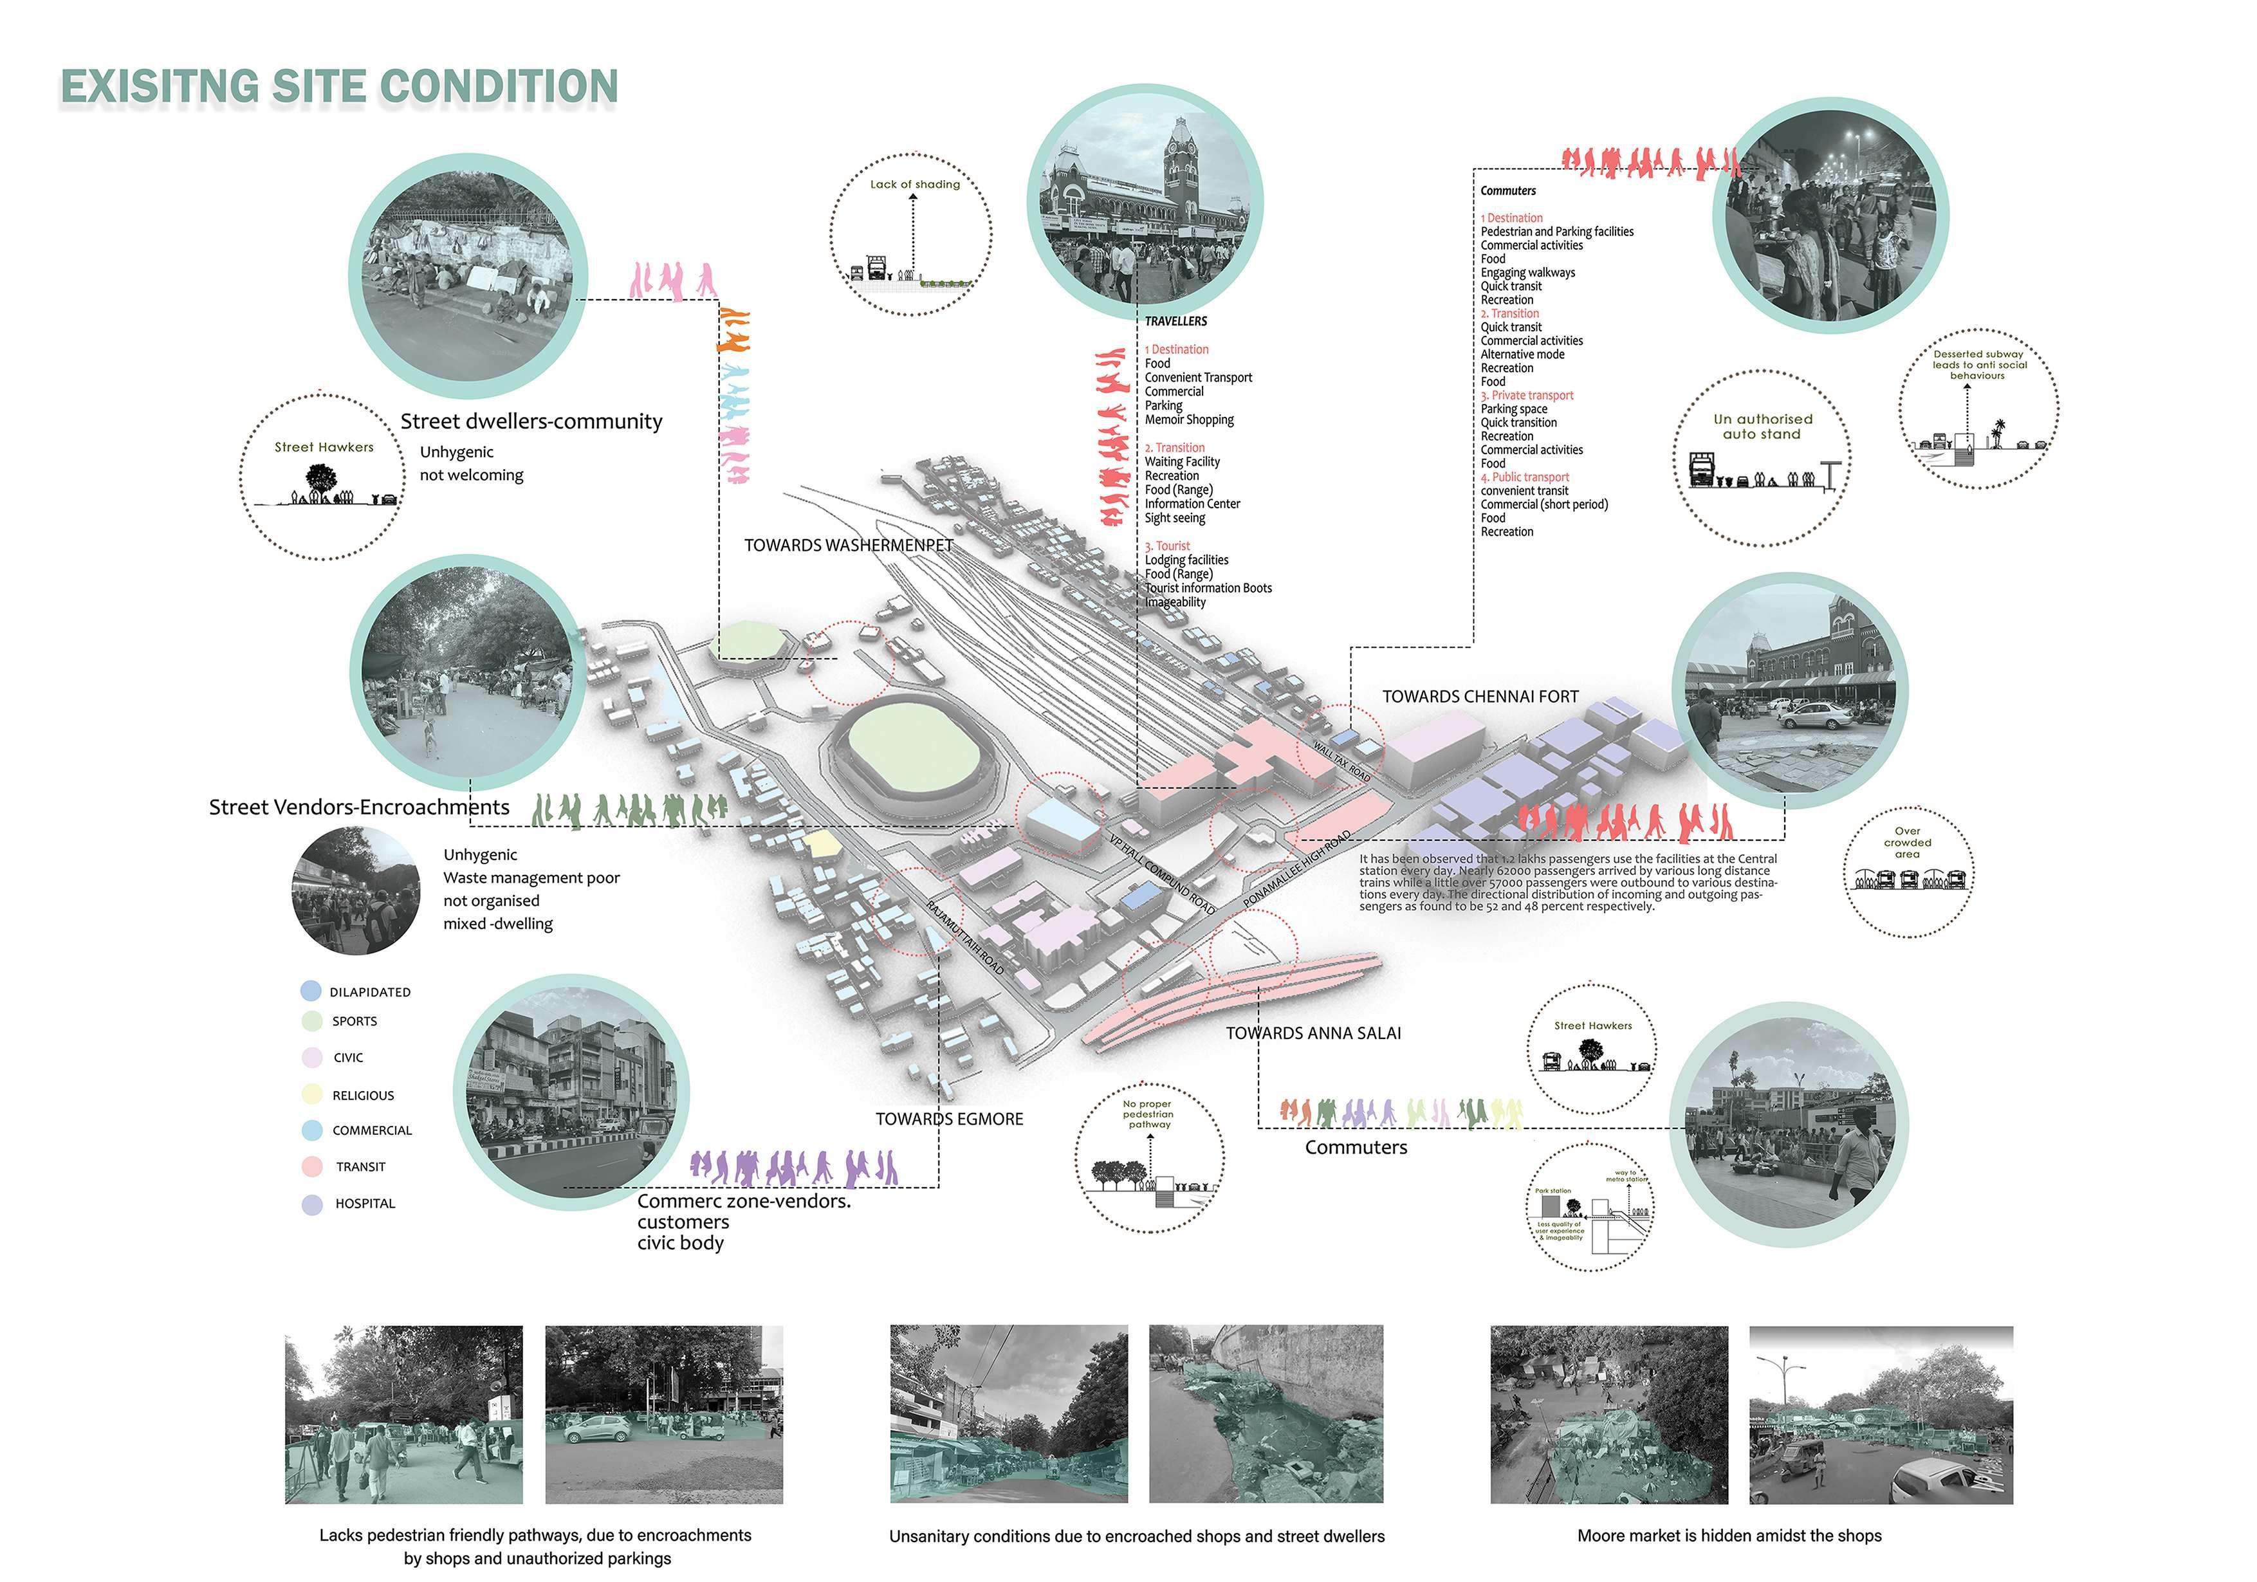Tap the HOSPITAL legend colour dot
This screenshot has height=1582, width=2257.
click(x=311, y=1204)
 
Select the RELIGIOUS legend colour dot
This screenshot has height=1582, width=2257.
click(x=311, y=1094)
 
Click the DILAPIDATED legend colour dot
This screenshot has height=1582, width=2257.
click(x=311, y=991)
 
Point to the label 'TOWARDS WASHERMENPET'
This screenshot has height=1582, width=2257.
click(x=849, y=545)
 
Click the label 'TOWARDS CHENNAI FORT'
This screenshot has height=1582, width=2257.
click(x=1479, y=696)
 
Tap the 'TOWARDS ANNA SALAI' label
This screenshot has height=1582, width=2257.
click(x=1313, y=1033)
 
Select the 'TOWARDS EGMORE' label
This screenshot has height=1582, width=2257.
click(x=948, y=1119)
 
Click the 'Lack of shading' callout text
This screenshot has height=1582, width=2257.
click(x=914, y=184)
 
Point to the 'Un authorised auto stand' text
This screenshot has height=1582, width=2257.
click(x=1762, y=426)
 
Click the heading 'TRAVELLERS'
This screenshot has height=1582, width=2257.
click(x=1175, y=322)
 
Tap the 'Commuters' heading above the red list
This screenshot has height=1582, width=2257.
click(x=1508, y=190)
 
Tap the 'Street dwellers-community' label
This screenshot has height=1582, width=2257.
click(x=531, y=421)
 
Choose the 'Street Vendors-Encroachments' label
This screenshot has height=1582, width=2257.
click(x=359, y=807)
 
